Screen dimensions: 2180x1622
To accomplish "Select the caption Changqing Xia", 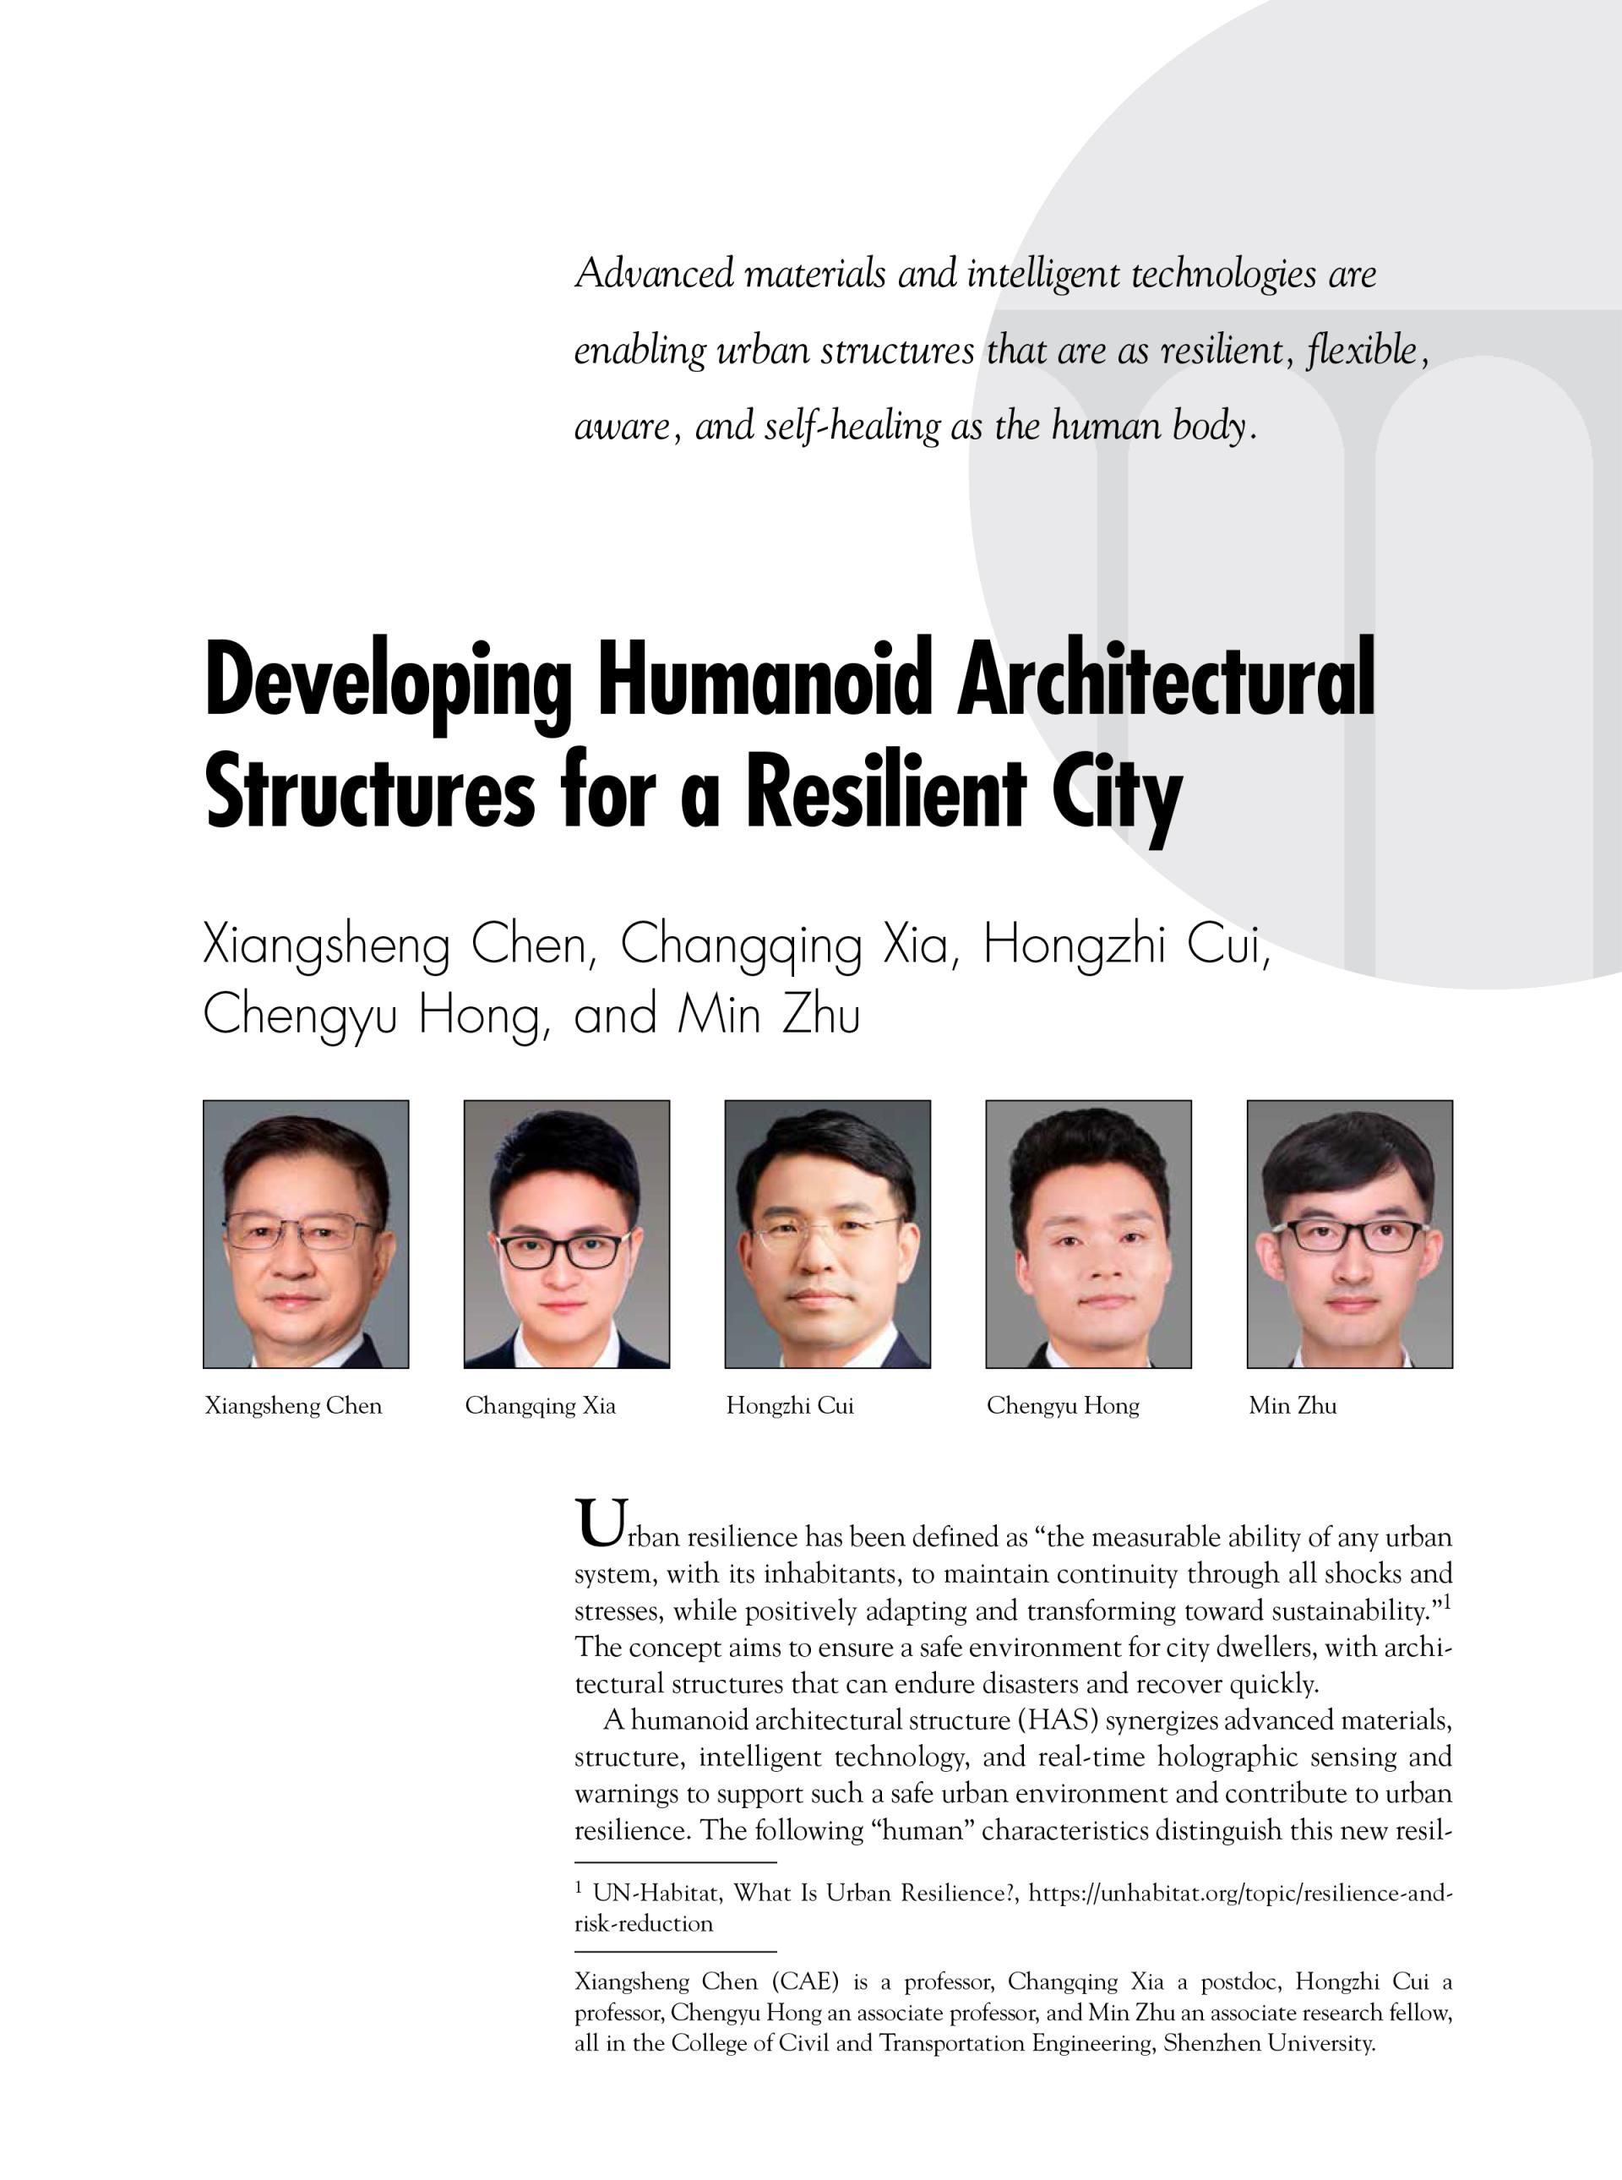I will point(540,1406).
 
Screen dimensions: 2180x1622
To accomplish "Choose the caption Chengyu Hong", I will point(1063,1406).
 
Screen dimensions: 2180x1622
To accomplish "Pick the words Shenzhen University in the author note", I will point(1269,2043).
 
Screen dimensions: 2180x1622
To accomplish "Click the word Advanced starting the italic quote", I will point(654,273).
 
